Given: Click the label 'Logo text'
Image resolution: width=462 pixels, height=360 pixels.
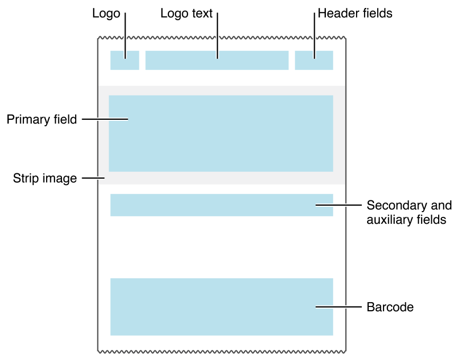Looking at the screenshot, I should pyautogui.click(x=186, y=14).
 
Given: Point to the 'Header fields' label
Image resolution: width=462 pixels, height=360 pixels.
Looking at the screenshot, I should pyautogui.click(x=355, y=14).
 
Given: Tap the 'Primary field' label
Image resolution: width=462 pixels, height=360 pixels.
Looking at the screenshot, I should pyautogui.click(x=42, y=120).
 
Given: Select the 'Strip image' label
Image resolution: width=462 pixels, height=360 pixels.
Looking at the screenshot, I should pyautogui.click(x=45, y=179).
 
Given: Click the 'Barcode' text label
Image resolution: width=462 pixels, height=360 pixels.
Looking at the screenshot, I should pyautogui.click(x=390, y=307).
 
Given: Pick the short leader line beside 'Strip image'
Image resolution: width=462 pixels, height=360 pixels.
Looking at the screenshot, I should pyautogui.click(x=93, y=179).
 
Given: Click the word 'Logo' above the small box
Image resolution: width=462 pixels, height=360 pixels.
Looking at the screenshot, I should pyautogui.click(x=106, y=14).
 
